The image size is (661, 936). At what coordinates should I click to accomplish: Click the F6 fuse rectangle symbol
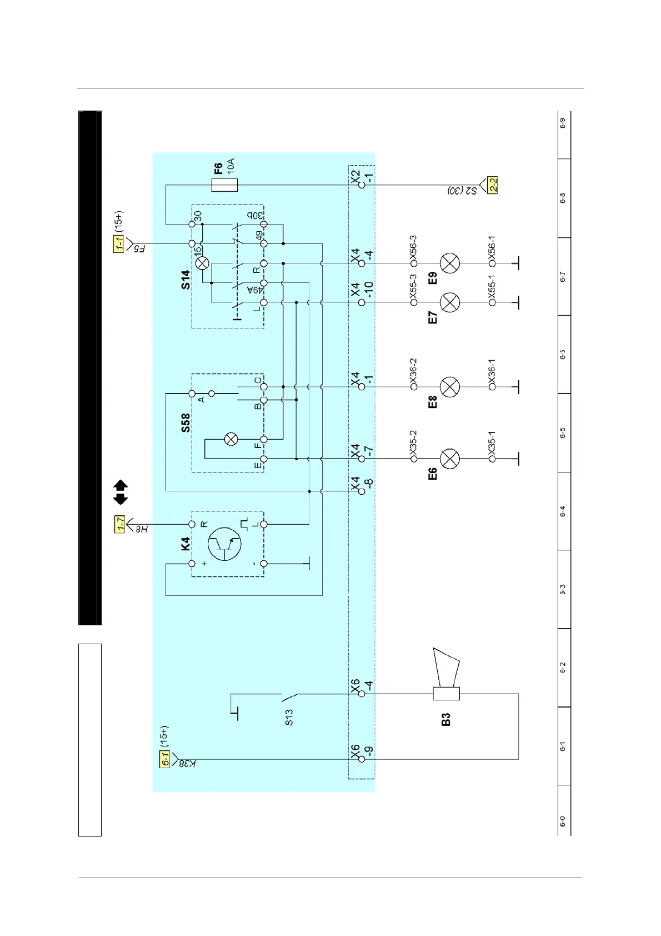[224, 185]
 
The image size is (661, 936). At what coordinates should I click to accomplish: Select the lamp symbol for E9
[450, 263]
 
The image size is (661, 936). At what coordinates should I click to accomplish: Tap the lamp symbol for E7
[450, 302]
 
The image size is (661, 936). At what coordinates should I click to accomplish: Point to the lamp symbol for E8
[450, 386]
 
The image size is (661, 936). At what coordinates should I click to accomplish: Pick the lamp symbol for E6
[450, 459]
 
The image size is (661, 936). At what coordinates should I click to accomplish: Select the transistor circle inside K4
[225, 544]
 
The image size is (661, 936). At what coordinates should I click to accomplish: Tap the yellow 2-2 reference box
[492, 185]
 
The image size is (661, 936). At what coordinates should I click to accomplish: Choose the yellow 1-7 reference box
[120, 524]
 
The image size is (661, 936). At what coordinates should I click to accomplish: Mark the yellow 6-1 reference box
[165, 759]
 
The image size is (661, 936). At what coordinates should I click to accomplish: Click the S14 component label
[186, 280]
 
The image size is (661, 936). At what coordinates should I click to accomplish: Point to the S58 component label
[186, 422]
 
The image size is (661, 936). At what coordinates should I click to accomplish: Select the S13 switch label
[289, 717]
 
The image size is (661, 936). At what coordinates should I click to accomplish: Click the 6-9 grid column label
[563, 123]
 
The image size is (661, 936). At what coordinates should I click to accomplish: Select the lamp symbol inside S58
[231, 440]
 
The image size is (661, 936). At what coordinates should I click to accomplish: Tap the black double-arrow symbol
[121, 492]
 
